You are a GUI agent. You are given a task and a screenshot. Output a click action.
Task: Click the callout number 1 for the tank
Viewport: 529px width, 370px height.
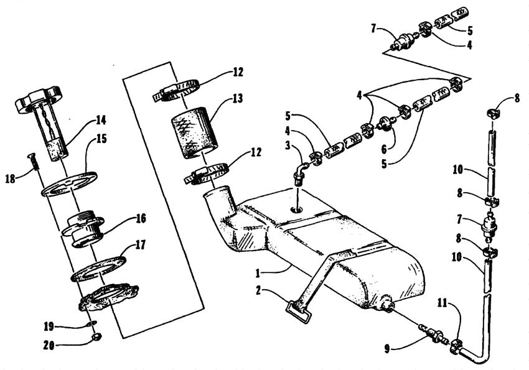(x=258, y=273)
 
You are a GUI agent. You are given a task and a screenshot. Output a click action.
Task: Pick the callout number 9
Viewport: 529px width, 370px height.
(x=388, y=349)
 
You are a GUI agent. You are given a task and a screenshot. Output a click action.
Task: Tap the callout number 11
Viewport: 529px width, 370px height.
(x=442, y=303)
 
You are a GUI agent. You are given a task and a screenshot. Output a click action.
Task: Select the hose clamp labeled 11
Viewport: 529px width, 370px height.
(x=456, y=346)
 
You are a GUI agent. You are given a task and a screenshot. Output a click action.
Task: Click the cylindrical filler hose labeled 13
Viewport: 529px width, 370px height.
(x=195, y=133)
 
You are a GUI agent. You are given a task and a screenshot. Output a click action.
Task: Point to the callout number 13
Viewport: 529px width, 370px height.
(x=237, y=98)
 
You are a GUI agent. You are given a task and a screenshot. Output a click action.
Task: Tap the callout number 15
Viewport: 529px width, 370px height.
(x=101, y=139)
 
